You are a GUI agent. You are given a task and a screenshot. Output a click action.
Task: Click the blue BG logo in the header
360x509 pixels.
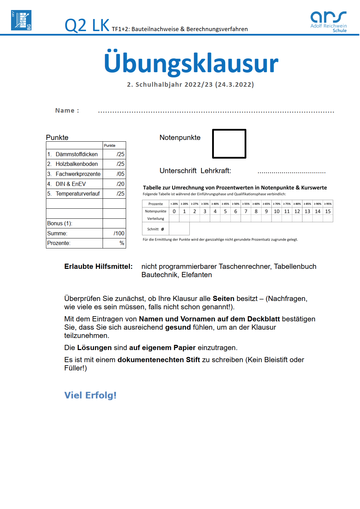pos(21,20)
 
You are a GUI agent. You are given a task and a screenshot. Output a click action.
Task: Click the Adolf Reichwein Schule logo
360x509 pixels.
pos(328,21)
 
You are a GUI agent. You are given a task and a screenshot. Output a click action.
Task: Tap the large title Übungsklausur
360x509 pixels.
pos(191,63)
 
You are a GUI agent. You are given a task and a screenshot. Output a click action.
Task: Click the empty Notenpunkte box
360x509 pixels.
pos(229,144)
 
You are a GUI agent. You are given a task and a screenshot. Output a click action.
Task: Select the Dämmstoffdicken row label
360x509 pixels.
pos(76,154)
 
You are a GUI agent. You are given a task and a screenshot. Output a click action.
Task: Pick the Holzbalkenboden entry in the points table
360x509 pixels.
pos(76,164)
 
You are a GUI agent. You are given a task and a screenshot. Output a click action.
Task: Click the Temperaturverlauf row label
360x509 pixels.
pos(77,194)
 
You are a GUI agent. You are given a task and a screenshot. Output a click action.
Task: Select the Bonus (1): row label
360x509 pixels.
pos(59,223)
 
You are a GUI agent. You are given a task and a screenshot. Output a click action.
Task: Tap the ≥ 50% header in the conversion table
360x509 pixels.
pos(236,204)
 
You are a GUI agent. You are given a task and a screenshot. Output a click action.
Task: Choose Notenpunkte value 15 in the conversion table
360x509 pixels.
pos(328,211)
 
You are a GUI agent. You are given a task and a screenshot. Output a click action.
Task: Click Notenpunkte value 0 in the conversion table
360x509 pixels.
pos(174,211)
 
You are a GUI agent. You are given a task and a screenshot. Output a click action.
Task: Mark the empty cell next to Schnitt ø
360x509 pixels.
pos(179,229)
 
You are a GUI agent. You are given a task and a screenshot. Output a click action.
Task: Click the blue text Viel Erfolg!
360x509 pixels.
pos(90,395)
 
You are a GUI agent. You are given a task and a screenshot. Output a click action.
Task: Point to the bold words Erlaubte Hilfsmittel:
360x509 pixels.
pos(98,266)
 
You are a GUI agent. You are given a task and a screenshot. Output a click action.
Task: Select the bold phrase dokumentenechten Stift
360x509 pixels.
pos(159,360)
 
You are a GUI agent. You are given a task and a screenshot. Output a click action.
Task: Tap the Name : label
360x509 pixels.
pos(67,111)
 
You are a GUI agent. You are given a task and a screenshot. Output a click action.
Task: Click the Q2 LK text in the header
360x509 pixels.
pos(87,25)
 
